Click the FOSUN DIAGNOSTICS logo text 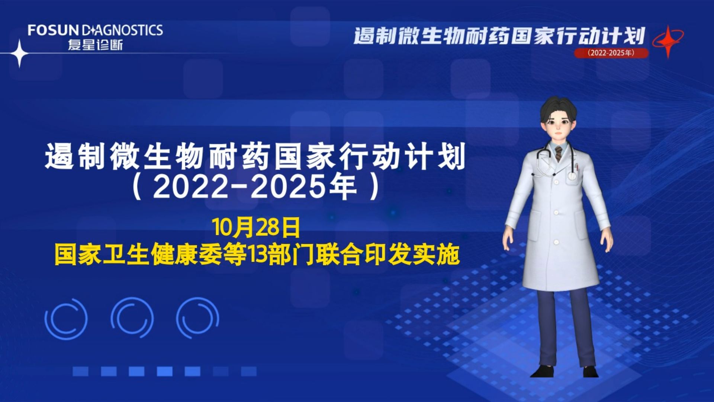pyautogui.click(x=95, y=30)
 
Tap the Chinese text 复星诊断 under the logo pyautogui.click(x=95, y=45)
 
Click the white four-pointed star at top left pyautogui.click(x=19, y=54)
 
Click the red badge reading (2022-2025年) pyautogui.click(x=611, y=53)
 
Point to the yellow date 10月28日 pyautogui.click(x=256, y=228)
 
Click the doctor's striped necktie pyautogui.click(x=559, y=153)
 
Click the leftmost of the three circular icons pyautogui.click(x=66, y=319)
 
